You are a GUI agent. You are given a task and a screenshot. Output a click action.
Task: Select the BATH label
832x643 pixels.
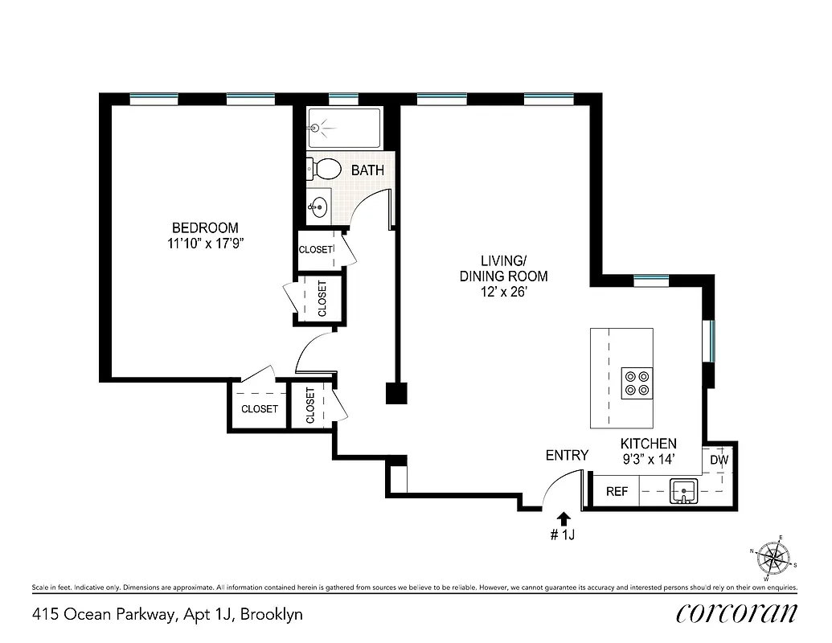pyautogui.click(x=367, y=170)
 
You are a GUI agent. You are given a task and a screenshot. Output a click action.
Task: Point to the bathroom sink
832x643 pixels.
pyautogui.click(x=318, y=207)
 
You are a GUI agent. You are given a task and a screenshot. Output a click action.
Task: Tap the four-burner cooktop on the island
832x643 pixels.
pyautogui.click(x=637, y=383)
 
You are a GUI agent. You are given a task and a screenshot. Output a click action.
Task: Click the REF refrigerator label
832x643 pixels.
pyautogui.click(x=617, y=492)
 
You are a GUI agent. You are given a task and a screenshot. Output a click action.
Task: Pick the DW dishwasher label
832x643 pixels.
pyautogui.click(x=719, y=461)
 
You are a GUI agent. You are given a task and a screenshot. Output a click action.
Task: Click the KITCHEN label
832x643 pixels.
pyautogui.click(x=648, y=444)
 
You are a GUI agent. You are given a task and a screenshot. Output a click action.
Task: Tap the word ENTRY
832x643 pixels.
pyautogui.click(x=567, y=455)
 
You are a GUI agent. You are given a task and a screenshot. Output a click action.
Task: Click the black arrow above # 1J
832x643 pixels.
pyautogui.click(x=564, y=518)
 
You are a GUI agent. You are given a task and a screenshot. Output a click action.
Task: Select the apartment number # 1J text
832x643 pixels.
pyautogui.click(x=563, y=536)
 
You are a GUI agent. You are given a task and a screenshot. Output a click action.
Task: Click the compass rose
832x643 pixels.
pyautogui.click(x=773, y=556)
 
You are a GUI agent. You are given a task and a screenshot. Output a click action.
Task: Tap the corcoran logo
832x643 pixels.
pyautogui.click(x=737, y=613)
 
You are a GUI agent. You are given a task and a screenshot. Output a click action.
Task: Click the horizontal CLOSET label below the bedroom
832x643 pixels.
pyautogui.click(x=260, y=408)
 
